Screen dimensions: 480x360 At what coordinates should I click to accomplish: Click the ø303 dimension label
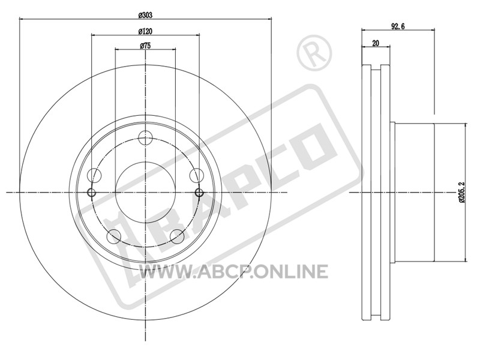tap(145, 14)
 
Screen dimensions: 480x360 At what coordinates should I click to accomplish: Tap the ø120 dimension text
tap(145, 31)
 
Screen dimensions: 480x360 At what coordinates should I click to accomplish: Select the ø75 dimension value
tap(145, 46)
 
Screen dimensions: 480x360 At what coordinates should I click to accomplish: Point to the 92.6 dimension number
tap(398, 26)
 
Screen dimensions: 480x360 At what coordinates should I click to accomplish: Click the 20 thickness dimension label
tap(376, 43)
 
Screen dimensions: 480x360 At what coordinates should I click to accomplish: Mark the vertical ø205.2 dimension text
tap(462, 193)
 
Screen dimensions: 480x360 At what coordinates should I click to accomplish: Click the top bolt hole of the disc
tap(145, 138)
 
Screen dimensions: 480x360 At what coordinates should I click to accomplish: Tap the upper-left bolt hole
tap(94, 175)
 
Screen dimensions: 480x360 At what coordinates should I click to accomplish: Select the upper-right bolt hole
tap(196, 175)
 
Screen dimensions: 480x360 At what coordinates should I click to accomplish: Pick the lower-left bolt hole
tap(114, 236)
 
